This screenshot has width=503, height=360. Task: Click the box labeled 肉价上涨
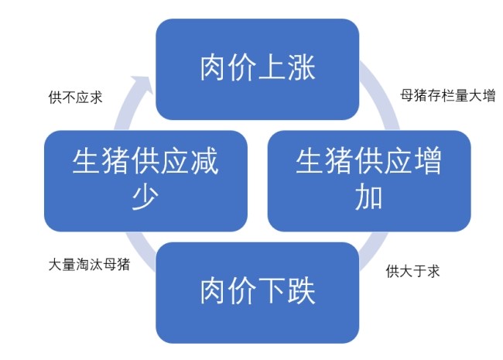point(258,68)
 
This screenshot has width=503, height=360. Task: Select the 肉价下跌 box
point(258,292)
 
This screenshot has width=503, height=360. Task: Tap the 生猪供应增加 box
point(369,180)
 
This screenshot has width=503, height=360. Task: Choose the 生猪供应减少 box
point(146,180)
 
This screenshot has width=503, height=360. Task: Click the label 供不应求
point(75,98)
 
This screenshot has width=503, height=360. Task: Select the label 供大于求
point(413,272)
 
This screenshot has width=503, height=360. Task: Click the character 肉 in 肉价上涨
point(214,68)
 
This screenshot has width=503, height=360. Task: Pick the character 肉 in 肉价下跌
point(214,292)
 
